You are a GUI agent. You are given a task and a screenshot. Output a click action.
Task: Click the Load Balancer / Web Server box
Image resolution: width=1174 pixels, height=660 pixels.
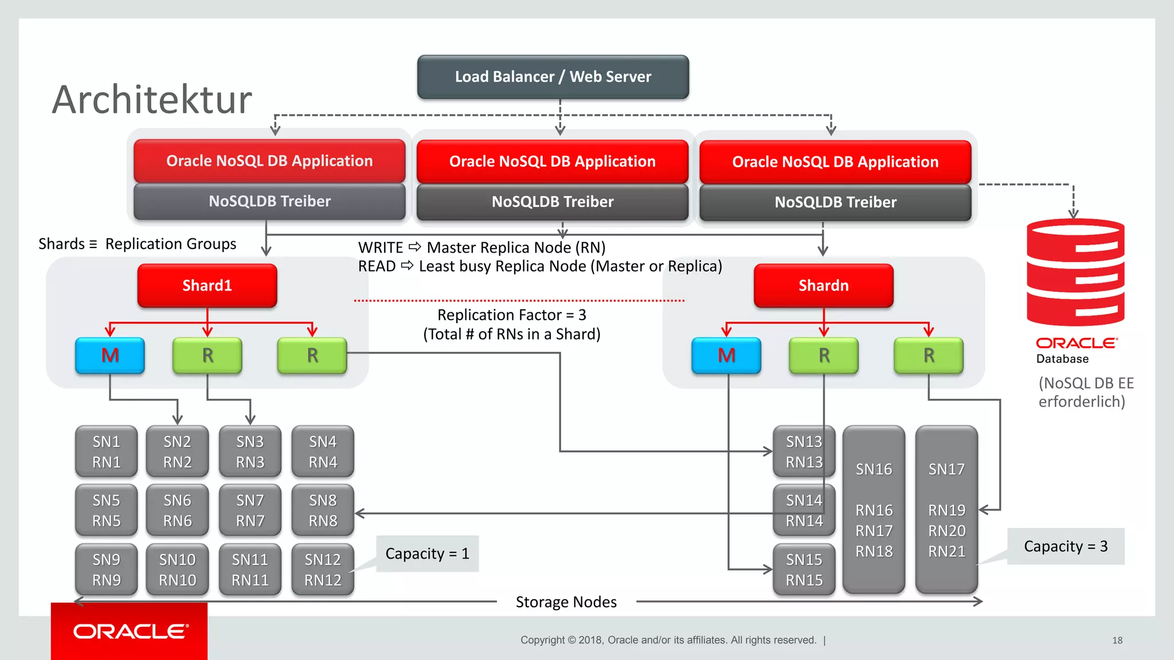(x=553, y=77)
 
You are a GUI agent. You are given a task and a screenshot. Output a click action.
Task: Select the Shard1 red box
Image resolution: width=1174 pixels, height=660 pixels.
(x=207, y=285)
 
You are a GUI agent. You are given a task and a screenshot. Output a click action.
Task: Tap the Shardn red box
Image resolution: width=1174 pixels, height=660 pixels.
(x=823, y=285)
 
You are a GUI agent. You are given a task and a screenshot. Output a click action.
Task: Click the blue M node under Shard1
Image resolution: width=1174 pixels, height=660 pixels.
(x=110, y=356)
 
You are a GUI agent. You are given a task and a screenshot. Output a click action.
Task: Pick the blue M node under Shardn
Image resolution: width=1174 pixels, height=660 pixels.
(x=726, y=356)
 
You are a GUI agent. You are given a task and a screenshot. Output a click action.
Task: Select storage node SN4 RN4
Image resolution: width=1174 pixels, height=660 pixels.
(x=323, y=451)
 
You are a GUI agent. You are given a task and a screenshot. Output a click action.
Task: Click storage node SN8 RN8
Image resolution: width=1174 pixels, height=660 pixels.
(x=323, y=510)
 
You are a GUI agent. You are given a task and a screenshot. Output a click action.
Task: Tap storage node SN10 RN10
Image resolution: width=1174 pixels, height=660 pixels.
(x=177, y=569)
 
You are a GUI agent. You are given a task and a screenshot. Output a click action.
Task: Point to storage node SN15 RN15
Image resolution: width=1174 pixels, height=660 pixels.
(x=804, y=569)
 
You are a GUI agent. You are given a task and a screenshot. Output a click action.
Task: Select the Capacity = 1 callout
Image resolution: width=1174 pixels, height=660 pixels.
(x=427, y=553)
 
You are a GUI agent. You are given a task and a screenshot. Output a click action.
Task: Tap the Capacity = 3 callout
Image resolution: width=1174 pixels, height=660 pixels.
(x=1066, y=546)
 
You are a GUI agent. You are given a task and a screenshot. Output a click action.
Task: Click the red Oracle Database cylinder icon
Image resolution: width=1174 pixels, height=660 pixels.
(x=1075, y=272)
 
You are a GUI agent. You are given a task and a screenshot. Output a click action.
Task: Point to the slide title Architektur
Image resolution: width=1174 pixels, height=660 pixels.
(x=152, y=100)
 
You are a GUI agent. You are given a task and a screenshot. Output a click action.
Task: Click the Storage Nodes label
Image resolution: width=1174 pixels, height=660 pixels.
(x=566, y=602)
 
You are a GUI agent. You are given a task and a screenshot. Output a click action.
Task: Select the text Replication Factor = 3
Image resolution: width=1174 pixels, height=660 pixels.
(x=511, y=315)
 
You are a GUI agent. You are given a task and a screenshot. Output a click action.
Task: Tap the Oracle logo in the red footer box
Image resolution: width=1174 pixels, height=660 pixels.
(x=130, y=631)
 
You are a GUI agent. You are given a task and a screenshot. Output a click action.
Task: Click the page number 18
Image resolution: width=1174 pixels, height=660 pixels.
(x=1117, y=640)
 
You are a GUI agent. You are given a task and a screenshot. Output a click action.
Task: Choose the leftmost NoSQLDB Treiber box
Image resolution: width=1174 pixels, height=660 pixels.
(x=269, y=201)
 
